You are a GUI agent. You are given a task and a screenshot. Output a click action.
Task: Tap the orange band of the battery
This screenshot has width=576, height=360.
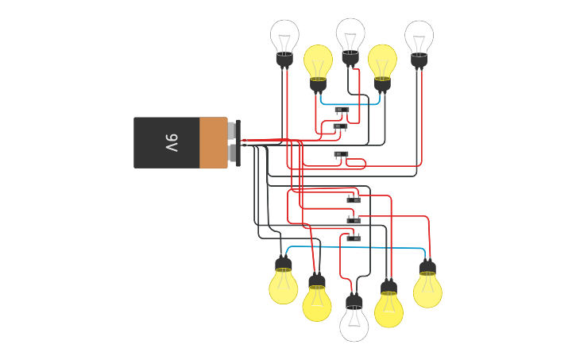coord(213,143)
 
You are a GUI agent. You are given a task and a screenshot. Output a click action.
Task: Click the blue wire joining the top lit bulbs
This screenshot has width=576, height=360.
coord(350,103)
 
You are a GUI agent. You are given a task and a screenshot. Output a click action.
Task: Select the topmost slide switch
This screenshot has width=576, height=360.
coord(342,110)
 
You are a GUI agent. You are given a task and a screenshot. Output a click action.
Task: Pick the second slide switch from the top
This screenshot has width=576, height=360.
coord(340,126)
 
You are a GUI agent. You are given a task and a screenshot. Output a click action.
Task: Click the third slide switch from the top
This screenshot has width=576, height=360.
coord(341,154)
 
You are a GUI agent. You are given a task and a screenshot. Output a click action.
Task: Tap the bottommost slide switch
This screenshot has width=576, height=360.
coord(354,238)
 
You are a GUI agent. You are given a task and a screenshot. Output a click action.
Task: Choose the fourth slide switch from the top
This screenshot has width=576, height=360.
coord(354,199)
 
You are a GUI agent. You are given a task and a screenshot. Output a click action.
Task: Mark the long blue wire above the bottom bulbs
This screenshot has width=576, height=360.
coord(358,248)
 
